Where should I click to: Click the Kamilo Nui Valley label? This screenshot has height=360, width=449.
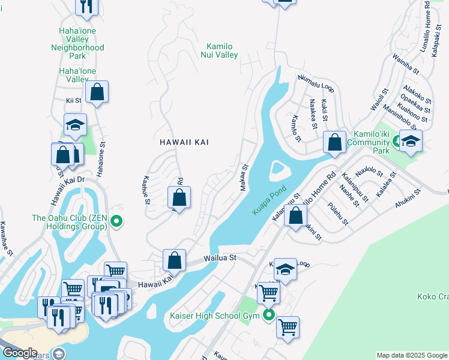click(x=222, y=50)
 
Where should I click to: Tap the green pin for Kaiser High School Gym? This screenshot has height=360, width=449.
click(x=268, y=315)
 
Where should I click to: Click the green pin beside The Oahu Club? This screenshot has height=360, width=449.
click(x=117, y=223)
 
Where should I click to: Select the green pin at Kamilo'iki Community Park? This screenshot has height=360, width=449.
click(x=397, y=142)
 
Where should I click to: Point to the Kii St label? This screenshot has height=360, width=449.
click(x=74, y=101)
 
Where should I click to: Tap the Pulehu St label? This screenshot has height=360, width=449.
click(x=338, y=214)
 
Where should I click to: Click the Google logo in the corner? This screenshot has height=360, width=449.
click(x=19, y=353)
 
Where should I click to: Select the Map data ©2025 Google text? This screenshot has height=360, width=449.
click(x=412, y=355)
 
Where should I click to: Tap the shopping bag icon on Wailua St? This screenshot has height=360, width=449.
click(x=173, y=260)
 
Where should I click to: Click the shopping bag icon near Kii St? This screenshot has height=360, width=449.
click(x=97, y=92)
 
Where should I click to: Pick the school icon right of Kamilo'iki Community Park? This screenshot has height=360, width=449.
click(x=411, y=141)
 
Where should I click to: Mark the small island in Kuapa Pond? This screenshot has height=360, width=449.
click(x=277, y=170)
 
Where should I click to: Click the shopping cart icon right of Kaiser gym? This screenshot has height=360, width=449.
click(x=288, y=327)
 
